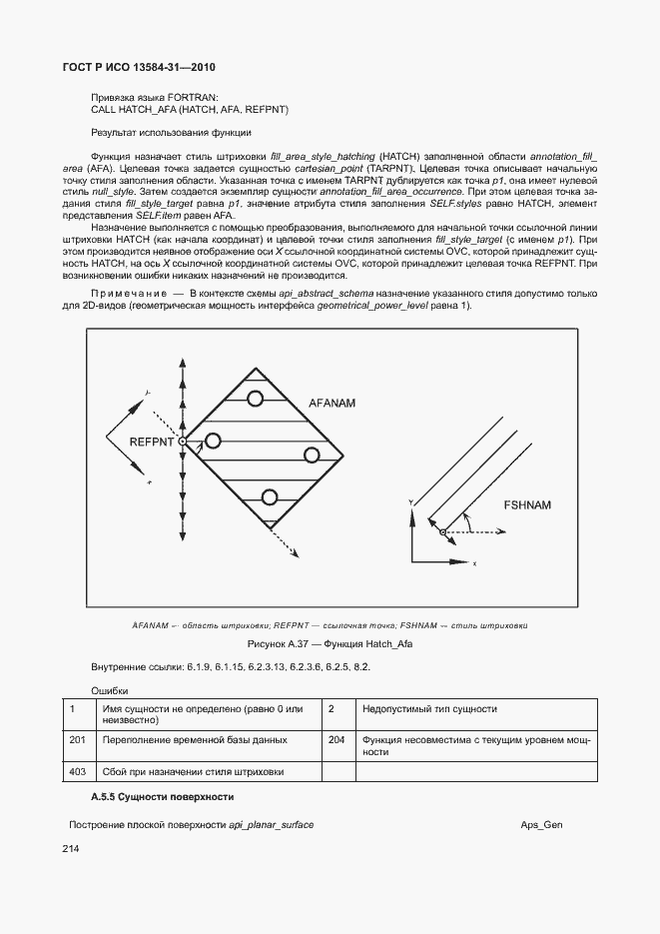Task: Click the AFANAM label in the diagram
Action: (332, 403)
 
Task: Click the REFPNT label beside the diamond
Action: (153, 441)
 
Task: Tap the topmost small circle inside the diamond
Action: (256, 399)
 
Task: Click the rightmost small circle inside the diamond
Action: (312, 456)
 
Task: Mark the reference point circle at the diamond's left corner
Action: (183, 441)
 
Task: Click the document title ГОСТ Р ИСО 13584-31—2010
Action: (132, 67)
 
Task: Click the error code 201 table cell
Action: (78, 740)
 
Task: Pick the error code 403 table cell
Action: (78, 771)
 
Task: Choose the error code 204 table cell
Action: (336, 740)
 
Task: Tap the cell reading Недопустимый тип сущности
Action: (429, 709)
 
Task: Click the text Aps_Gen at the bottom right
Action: (541, 825)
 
